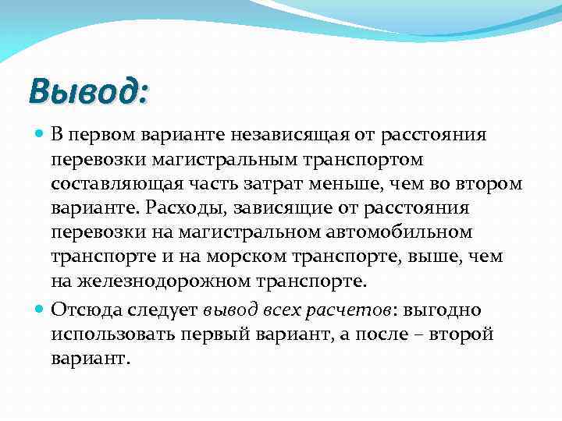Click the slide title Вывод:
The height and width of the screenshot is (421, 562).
pos(87,90)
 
